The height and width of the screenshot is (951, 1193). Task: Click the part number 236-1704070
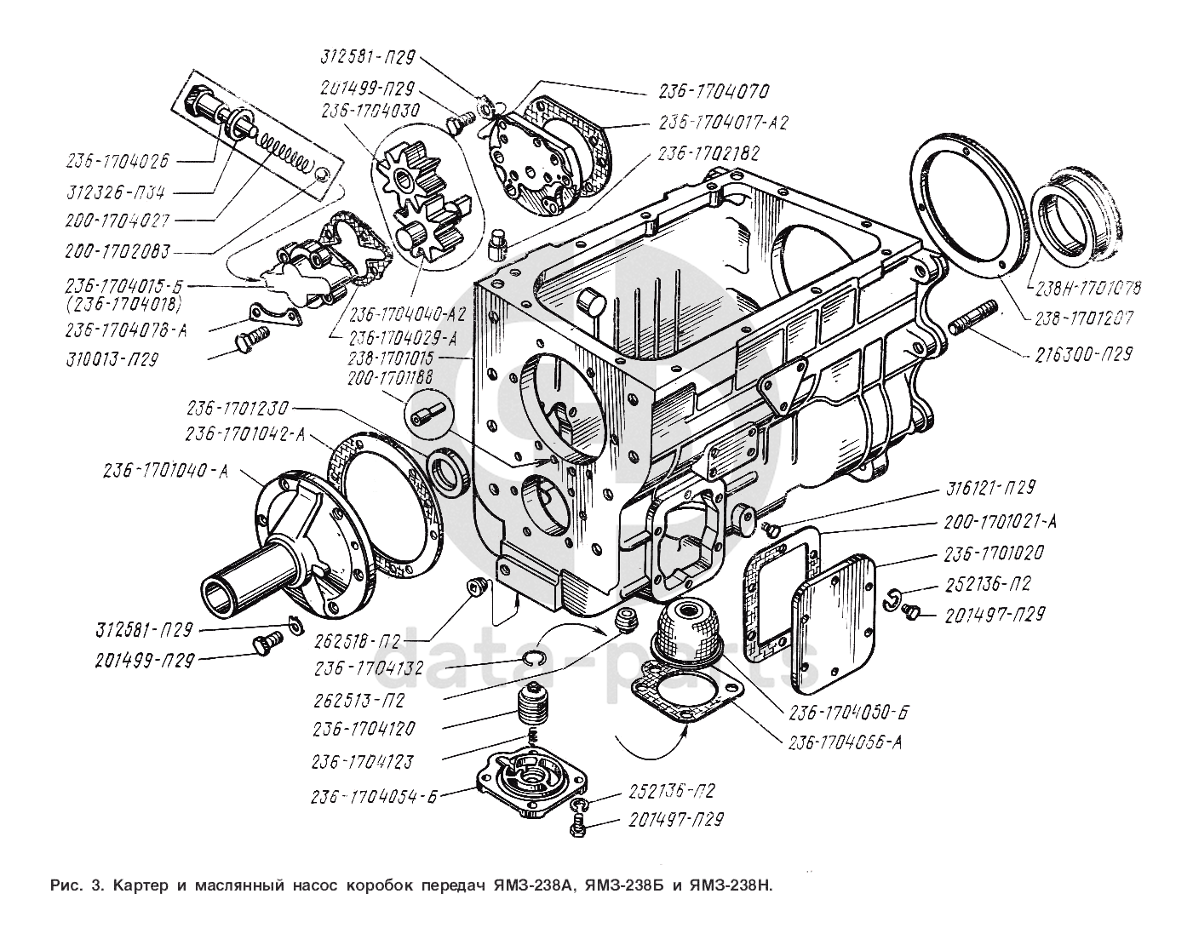713,91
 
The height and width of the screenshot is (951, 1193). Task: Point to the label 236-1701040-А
166,471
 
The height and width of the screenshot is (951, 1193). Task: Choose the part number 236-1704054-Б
374,797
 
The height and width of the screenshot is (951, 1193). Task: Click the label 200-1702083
118,252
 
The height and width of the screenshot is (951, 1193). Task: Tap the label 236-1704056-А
845,742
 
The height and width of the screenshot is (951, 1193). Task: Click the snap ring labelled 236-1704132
533,657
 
